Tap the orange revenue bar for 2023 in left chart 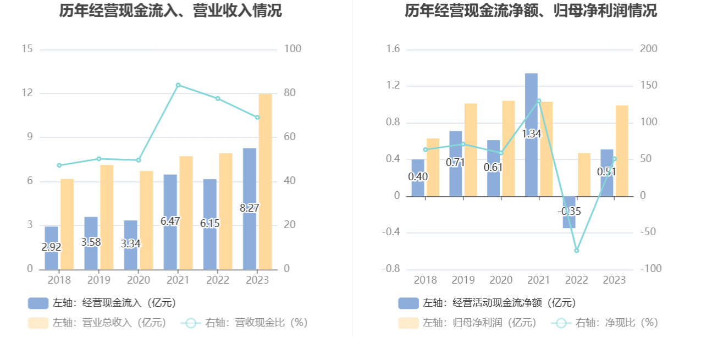(x=265, y=181)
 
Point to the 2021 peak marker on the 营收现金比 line (x=178, y=85)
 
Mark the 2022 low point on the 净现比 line (x=577, y=251)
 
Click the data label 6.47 (x=170, y=221)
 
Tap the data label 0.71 (x=456, y=163)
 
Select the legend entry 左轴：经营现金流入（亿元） (x=102, y=303)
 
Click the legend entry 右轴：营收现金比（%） (x=245, y=323)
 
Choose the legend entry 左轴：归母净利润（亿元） (x=468, y=323)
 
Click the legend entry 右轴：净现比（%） (x=605, y=323)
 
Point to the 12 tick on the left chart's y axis (x=27, y=93)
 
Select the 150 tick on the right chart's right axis (x=649, y=86)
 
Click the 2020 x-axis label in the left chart (x=139, y=280)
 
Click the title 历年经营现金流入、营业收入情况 (x=170, y=11)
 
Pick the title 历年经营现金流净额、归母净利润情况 (x=531, y=11)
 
